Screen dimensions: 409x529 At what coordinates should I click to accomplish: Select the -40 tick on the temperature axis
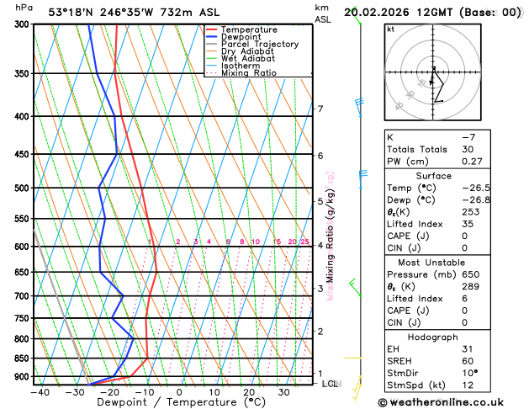pyautogui.click(x=39, y=392)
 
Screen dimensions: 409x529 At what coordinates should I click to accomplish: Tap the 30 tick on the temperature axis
pyautogui.click(x=283, y=392)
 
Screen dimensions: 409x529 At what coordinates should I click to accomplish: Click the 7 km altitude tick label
pyautogui.click(x=320, y=109)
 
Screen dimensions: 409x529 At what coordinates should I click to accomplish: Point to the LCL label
pyautogui.click(x=331, y=384)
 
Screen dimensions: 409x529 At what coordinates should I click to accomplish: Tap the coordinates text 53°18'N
pyautogui.click(x=69, y=12)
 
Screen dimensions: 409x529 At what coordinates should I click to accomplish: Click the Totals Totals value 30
pyautogui.click(x=468, y=149)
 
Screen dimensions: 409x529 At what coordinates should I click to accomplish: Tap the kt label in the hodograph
pyautogui.click(x=390, y=29)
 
